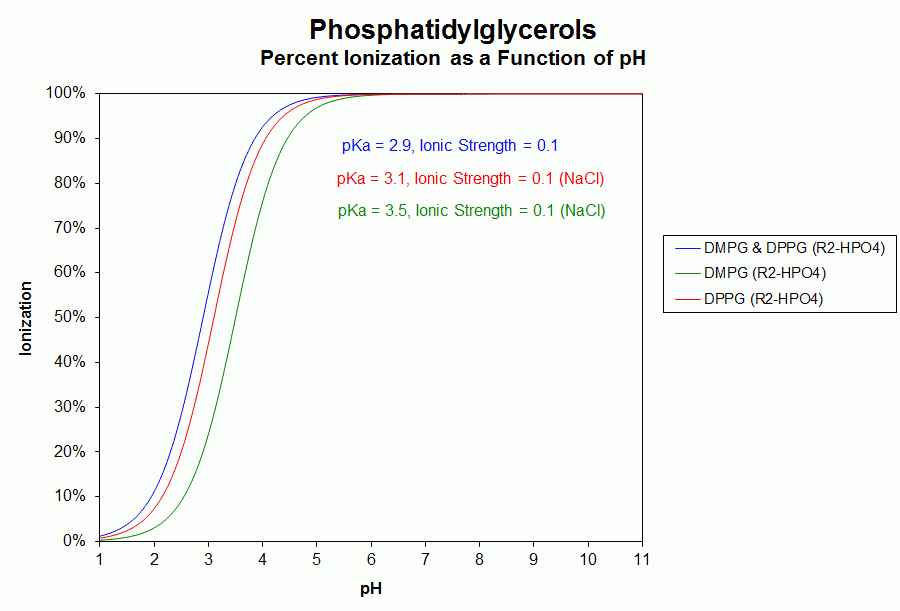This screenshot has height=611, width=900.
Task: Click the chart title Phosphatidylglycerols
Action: point(452,28)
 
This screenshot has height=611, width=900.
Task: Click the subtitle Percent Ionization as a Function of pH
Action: point(452,58)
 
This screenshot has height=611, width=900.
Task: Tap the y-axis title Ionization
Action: point(27,318)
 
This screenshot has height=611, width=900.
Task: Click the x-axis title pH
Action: point(371,589)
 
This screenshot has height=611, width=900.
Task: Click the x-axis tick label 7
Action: point(425,558)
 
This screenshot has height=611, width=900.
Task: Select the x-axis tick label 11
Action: point(642,558)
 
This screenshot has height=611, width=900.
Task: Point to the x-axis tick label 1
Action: point(100,558)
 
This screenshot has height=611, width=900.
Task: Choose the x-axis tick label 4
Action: point(262,558)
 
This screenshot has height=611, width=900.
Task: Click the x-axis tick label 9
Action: point(533,558)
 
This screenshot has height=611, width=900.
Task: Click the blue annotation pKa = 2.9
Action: point(449,146)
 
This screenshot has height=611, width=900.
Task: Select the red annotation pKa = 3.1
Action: point(471,179)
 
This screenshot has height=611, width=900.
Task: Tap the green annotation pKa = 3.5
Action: point(471,211)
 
